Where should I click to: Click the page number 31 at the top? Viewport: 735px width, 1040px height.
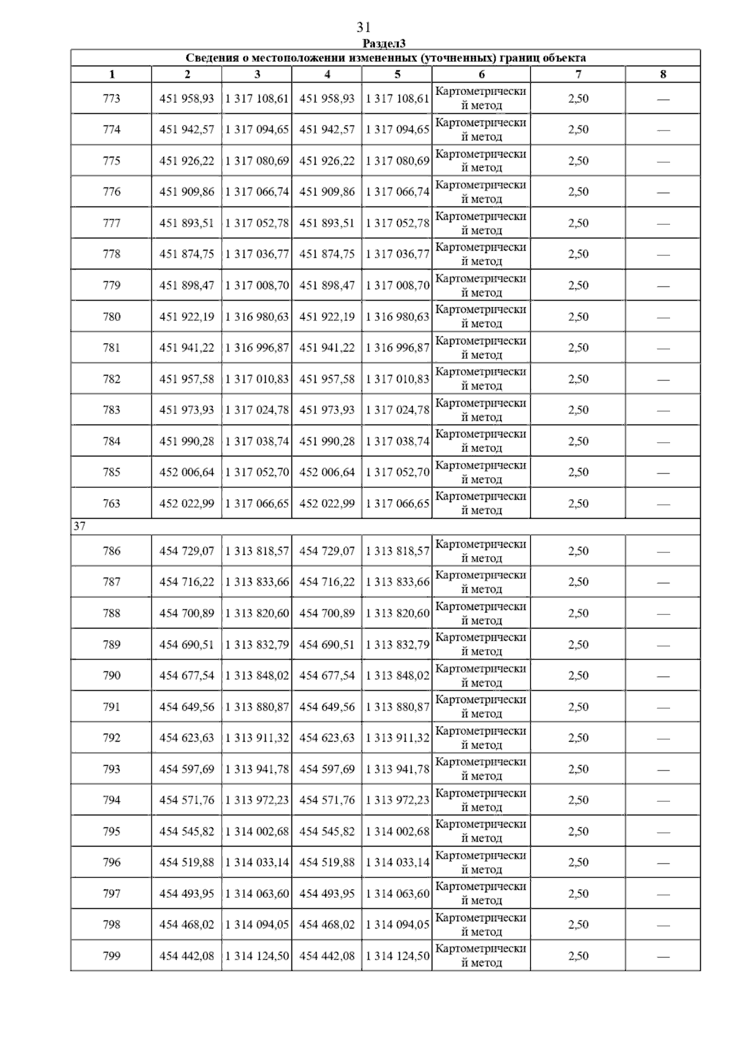click(x=363, y=28)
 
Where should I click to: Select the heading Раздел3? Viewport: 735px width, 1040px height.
click(x=384, y=43)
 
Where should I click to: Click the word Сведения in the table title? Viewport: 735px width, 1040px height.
click(x=211, y=58)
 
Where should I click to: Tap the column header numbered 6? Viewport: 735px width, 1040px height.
click(x=481, y=75)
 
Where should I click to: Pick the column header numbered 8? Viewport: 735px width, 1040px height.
click(x=663, y=75)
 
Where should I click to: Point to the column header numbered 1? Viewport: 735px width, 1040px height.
click(x=111, y=75)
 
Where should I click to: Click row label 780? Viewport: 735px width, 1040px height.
click(x=111, y=317)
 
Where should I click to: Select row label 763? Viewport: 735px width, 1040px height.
click(x=111, y=503)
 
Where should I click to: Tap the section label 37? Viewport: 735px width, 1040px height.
click(x=80, y=526)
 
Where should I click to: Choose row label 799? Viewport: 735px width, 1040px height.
click(x=111, y=955)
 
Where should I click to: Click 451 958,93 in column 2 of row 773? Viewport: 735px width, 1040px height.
click(x=187, y=99)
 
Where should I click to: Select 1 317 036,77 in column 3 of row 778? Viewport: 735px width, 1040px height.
click(x=257, y=254)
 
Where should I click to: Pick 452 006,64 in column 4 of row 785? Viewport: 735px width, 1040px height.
click(x=327, y=472)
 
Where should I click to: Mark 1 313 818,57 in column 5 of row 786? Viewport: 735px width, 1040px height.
click(x=398, y=551)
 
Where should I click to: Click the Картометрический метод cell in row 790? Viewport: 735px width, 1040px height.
click(x=481, y=676)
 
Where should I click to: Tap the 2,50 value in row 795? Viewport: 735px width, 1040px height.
click(x=578, y=831)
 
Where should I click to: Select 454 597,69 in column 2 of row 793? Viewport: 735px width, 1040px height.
click(x=187, y=769)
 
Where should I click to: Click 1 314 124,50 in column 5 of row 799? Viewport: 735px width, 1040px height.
click(x=398, y=955)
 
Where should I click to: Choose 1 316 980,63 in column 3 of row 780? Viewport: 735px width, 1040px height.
click(x=257, y=317)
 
